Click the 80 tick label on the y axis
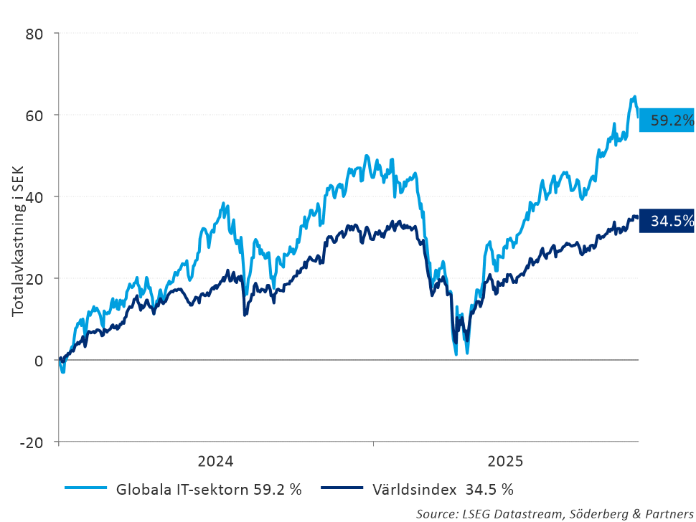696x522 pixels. [34, 34]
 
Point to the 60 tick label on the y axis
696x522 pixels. [34, 115]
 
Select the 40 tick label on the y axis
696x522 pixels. [34, 197]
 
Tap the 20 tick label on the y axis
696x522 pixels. [34, 279]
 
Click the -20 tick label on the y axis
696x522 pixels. [32, 442]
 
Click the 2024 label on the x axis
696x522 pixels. [215, 460]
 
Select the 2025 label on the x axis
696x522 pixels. [505, 460]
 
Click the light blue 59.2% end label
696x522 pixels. [667, 120]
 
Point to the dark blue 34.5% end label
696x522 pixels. [667, 221]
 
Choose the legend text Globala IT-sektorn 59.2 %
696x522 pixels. [208, 490]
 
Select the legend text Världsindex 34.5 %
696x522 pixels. [443, 490]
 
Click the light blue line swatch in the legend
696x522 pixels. [85, 489]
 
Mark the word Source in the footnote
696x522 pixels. [436, 513]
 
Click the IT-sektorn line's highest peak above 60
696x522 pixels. [634, 97]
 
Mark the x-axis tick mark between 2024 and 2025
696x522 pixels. [373, 445]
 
